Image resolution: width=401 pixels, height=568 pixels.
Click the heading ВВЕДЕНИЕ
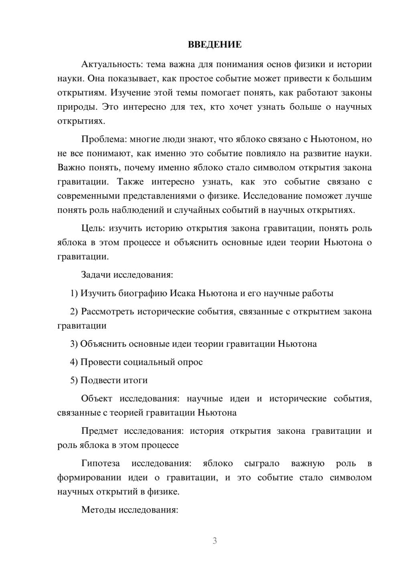(215, 45)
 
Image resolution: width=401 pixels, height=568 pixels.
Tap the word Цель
(93, 228)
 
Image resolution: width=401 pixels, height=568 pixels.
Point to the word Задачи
(96, 275)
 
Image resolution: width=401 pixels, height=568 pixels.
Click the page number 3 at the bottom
(215, 541)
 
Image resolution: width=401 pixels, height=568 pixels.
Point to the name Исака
(183, 293)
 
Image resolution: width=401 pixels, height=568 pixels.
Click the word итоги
(136, 380)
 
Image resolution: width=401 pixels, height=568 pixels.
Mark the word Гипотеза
(100, 463)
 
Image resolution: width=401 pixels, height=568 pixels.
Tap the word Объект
(96, 398)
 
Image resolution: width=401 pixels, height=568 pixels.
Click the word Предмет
(99, 431)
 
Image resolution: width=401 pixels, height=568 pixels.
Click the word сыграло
(261, 463)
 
